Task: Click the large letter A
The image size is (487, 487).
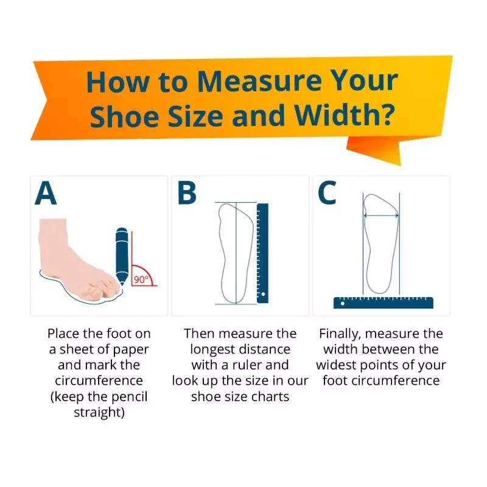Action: pyautogui.click(x=46, y=193)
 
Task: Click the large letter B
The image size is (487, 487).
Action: pyautogui.click(x=187, y=193)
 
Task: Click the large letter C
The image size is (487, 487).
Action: pyautogui.click(x=327, y=193)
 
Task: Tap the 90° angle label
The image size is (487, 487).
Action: pyautogui.click(x=141, y=279)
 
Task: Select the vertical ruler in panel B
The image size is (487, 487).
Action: pyautogui.click(x=262, y=253)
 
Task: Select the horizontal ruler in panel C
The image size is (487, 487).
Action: pyautogui.click(x=384, y=303)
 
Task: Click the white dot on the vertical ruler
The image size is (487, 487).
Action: pyautogui.click(x=263, y=294)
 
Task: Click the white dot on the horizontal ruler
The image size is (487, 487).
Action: pyautogui.click(x=342, y=303)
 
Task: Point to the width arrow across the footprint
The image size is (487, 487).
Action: pyautogui.click(x=381, y=215)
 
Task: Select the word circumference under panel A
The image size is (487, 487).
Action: pyautogui.click(x=99, y=380)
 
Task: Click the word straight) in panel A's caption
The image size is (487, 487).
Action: pyautogui.click(x=99, y=413)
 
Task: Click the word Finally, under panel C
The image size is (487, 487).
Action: pyautogui.click(x=340, y=334)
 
